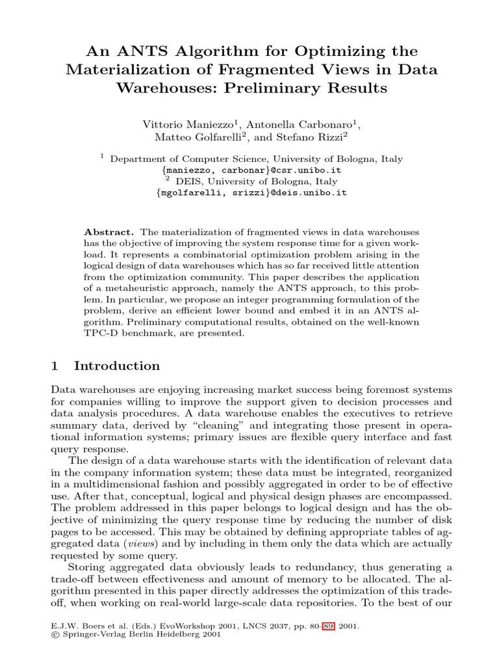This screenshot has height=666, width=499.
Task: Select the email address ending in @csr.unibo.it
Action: click(x=251, y=170)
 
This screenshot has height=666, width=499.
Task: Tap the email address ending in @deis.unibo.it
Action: click(x=251, y=193)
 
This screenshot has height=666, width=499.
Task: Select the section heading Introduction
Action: click(x=117, y=366)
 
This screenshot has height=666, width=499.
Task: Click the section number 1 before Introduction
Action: click(x=55, y=366)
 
